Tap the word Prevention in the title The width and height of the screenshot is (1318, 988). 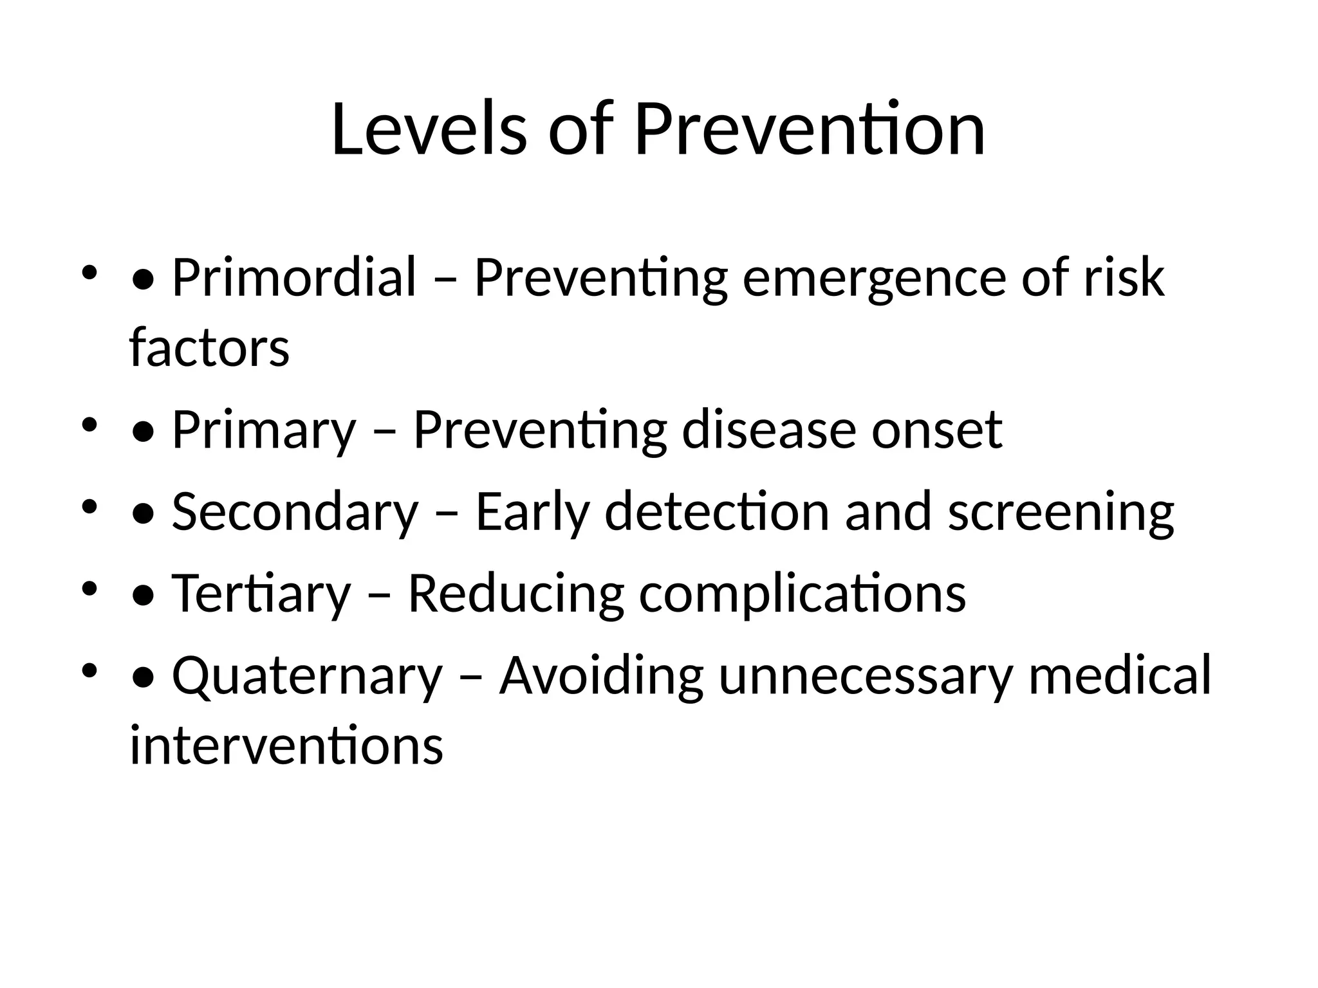pyautogui.click(x=809, y=130)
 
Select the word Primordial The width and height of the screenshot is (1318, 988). pyautogui.click(x=294, y=278)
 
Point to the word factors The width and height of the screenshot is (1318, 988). pyautogui.click(x=209, y=347)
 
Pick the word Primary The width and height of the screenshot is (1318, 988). pyautogui.click(x=264, y=430)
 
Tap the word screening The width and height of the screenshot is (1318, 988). pyautogui.click(x=1061, y=511)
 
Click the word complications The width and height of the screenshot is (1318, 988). pyautogui.click(x=802, y=593)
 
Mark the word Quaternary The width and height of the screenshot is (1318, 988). pyautogui.click(x=307, y=675)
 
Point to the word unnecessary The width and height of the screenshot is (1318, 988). pyautogui.click(x=866, y=675)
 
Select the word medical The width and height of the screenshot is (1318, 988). pyautogui.click(x=1119, y=675)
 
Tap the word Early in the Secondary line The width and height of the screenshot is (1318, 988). pyautogui.click(x=532, y=511)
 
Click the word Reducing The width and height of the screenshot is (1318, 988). pyautogui.click(x=515, y=593)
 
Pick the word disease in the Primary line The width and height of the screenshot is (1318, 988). pyautogui.click(x=769, y=430)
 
